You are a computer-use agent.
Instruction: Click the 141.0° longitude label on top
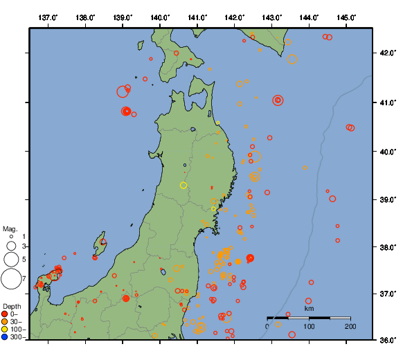[x=197, y=17]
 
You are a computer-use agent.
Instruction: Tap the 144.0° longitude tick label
[x=310, y=17]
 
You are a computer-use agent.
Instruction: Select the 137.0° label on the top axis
[x=48, y=17]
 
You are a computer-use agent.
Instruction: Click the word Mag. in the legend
[x=10, y=228]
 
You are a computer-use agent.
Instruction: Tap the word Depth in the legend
[x=11, y=306]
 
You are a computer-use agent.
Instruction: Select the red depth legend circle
[x=5, y=314]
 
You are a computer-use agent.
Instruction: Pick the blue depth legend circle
[x=5, y=337]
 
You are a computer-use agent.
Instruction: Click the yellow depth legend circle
[x=5, y=330]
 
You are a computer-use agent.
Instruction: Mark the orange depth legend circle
[x=5, y=322]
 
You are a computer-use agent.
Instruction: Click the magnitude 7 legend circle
[x=11, y=278]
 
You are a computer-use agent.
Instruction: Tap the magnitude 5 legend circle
[x=10, y=260]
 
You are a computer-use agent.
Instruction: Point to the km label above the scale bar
[x=309, y=309]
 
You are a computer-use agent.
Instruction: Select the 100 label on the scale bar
[x=309, y=326]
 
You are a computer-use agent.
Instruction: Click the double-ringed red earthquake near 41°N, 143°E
[x=278, y=100]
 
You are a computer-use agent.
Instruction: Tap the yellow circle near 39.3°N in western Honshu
[x=183, y=186]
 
